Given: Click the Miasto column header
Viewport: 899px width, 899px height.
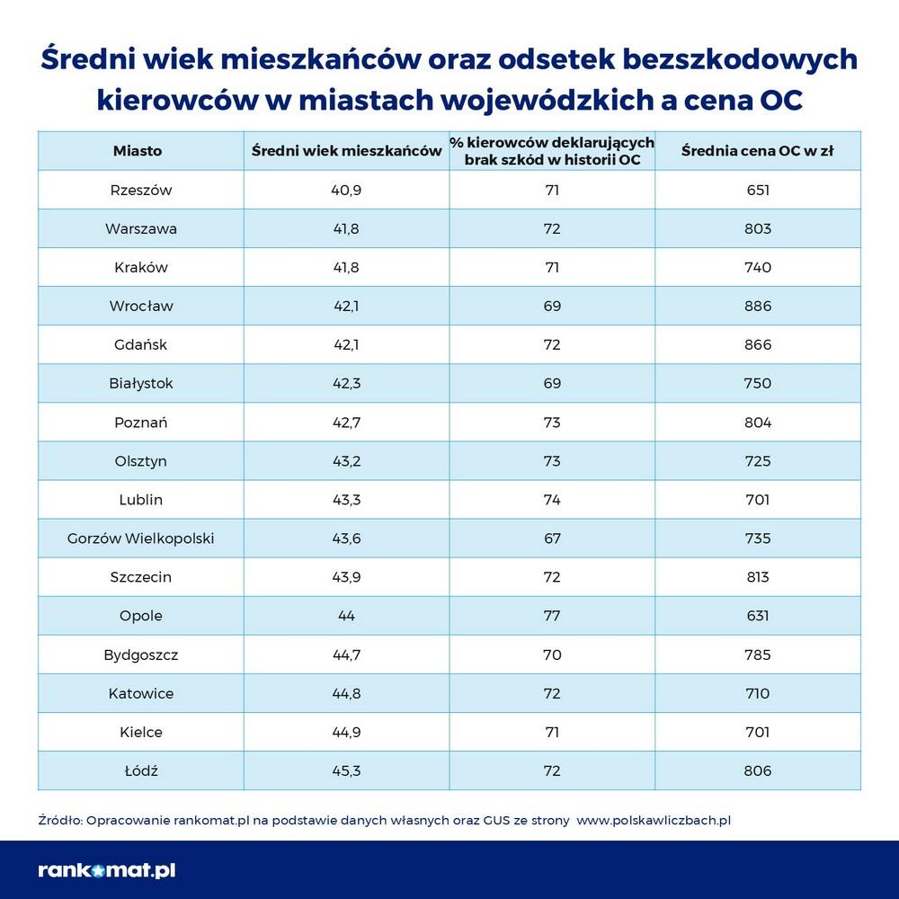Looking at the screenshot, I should coord(138,151).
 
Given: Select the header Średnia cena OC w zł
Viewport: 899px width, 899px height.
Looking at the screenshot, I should coord(757,151).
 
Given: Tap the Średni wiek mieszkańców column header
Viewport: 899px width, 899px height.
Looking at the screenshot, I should coord(346,151).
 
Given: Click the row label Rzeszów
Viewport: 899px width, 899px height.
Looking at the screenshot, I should coord(140,190).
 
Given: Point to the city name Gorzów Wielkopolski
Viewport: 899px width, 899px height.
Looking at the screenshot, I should coord(140,539).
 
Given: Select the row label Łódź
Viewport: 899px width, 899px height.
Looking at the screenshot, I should coord(140,770).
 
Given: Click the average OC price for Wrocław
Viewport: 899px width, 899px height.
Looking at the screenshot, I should coord(757,306).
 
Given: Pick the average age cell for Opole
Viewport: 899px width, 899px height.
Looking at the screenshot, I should coord(346,616).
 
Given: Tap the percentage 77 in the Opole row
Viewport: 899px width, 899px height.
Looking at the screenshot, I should coord(551,616).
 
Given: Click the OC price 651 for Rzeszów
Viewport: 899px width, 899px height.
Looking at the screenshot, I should coord(757,190).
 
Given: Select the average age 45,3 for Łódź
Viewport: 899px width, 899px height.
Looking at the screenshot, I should coord(346,770).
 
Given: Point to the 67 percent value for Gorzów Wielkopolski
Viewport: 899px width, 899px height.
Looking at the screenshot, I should coord(551,539).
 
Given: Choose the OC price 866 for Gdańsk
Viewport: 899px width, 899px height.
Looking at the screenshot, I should coord(757,344).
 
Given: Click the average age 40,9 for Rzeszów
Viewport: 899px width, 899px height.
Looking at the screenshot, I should coord(346,190).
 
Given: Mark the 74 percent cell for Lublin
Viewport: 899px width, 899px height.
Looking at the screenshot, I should coord(551,500).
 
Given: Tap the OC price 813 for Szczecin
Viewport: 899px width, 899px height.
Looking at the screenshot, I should coord(757,577).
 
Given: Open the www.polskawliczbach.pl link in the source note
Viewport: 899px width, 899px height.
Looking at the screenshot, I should coord(653,820).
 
